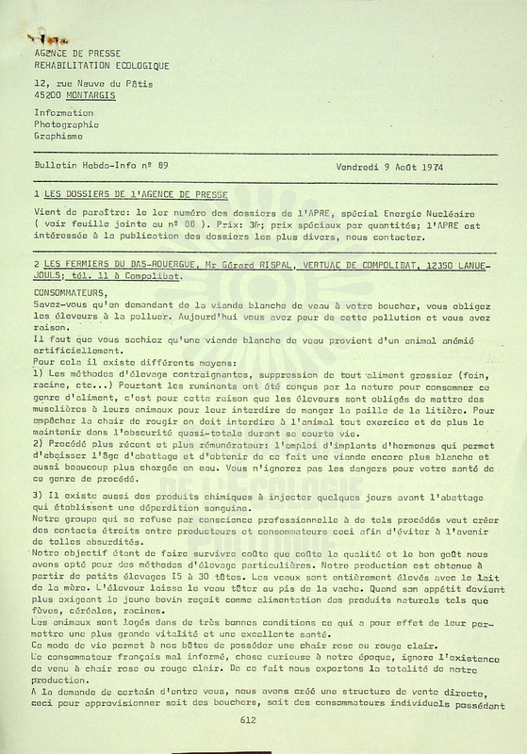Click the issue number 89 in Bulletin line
(x=162, y=166)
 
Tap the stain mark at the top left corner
(x=43, y=39)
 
